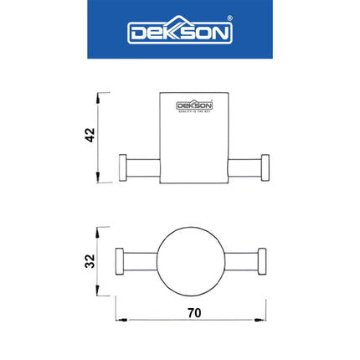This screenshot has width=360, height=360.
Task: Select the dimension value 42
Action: tap(90, 136)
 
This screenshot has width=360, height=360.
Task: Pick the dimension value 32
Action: tap(90, 260)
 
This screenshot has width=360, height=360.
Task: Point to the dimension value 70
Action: tap(194, 311)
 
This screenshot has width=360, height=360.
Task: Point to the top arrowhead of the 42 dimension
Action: tap(100, 95)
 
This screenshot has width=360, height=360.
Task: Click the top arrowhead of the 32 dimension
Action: tap(100, 229)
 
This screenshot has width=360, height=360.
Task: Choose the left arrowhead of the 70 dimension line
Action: tap(119, 319)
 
